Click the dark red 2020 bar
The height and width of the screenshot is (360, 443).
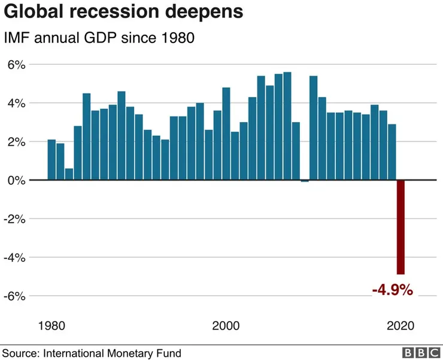400,227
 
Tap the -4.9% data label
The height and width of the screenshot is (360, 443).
392,291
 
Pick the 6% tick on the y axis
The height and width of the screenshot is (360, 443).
17,65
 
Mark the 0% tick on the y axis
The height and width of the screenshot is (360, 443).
17,180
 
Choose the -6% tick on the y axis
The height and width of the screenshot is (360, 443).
15,296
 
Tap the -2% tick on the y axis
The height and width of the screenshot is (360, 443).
15,219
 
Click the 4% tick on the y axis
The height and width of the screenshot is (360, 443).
17,103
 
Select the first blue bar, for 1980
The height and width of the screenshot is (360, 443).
51,160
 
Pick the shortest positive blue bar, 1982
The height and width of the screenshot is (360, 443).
69,174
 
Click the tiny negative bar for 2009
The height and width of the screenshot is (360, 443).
305,181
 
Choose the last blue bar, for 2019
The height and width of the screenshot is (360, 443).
392,152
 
